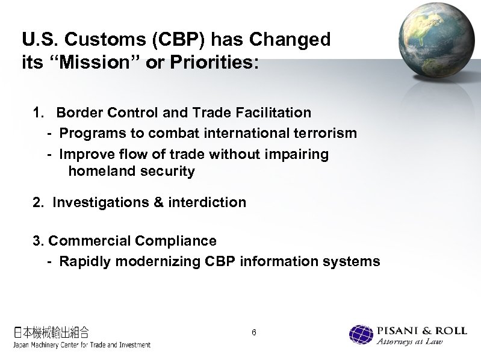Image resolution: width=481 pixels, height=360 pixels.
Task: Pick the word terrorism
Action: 327,132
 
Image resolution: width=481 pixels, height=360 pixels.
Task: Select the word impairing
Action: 299,154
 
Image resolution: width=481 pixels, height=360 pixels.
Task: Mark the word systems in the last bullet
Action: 352,261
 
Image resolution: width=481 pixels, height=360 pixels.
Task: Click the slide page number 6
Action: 254,333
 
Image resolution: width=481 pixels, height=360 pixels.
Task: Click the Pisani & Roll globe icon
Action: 361,335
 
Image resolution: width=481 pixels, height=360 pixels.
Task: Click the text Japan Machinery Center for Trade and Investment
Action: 82,345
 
